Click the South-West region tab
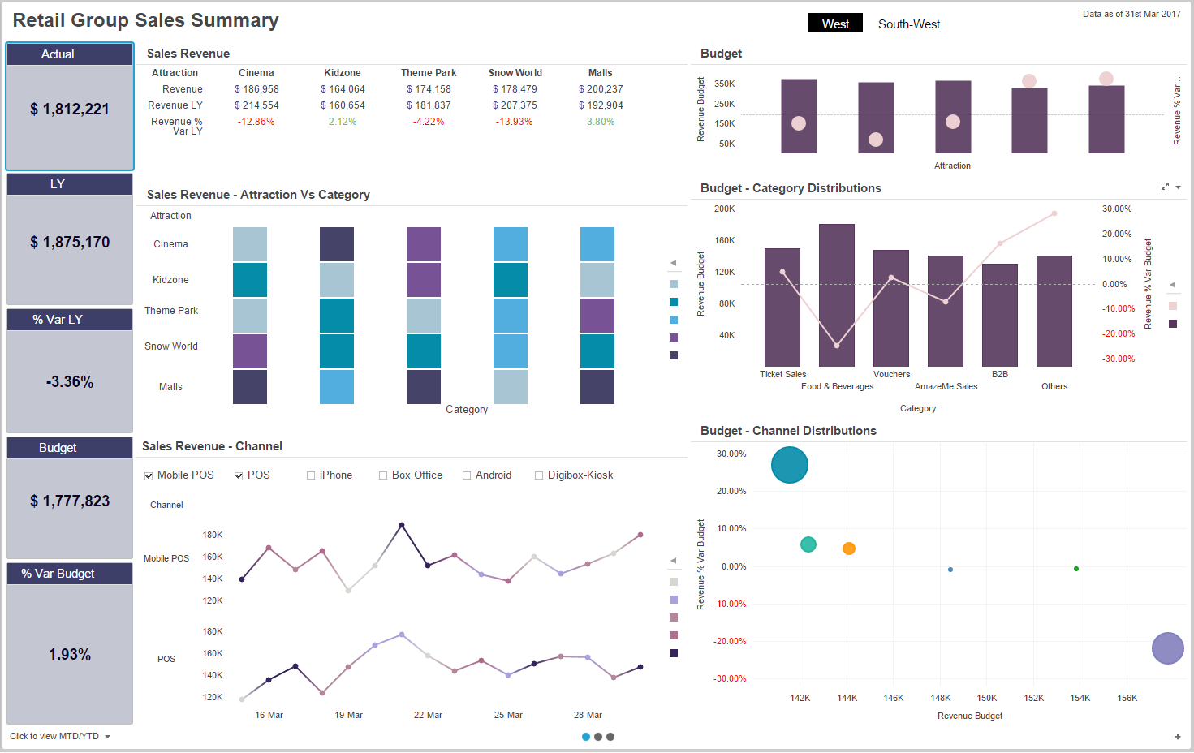click(x=908, y=24)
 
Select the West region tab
click(x=834, y=24)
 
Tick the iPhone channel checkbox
click(x=311, y=475)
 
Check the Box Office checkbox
click(x=383, y=475)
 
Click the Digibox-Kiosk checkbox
click(x=539, y=475)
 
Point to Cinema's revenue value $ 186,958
click(x=256, y=89)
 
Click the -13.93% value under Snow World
click(x=515, y=122)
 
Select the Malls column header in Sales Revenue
click(x=600, y=73)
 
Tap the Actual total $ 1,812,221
click(x=70, y=110)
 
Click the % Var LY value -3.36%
click(x=70, y=382)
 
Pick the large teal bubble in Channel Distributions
click(x=789, y=465)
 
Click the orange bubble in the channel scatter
click(x=848, y=549)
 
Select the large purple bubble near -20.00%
click(x=1167, y=648)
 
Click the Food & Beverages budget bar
click(x=836, y=295)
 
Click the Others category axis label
click(x=1054, y=387)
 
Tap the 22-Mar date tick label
click(x=428, y=716)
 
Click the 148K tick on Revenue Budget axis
click(x=940, y=698)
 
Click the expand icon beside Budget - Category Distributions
click(x=1165, y=187)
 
